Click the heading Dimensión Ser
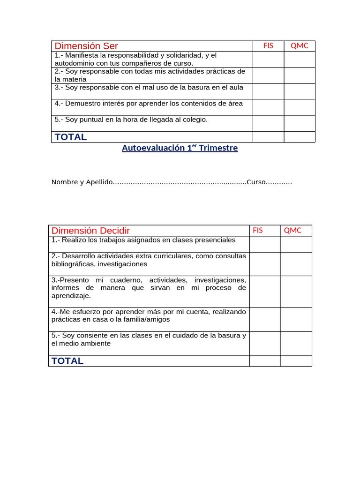pos(86,46)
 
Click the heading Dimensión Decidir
pos(90,231)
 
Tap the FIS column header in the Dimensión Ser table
pos(268,46)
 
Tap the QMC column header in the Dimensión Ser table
pos(300,46)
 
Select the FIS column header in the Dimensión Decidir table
pos(258,230)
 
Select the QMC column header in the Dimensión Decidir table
pos(292,230)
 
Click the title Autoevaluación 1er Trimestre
pos(180,148)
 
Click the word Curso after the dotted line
pos(256,182)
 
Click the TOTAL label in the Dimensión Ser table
pos(71,137)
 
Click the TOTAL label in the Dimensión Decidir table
pos(67,361)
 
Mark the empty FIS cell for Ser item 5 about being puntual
pos(268,123)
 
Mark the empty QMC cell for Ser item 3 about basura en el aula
pos(300,91)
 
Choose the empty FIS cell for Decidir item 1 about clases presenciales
pos(265,244)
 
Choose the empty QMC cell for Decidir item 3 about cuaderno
pos(296,292)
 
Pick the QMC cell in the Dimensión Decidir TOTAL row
pos(296,361)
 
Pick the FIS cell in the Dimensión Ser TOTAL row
pos(268,137)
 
